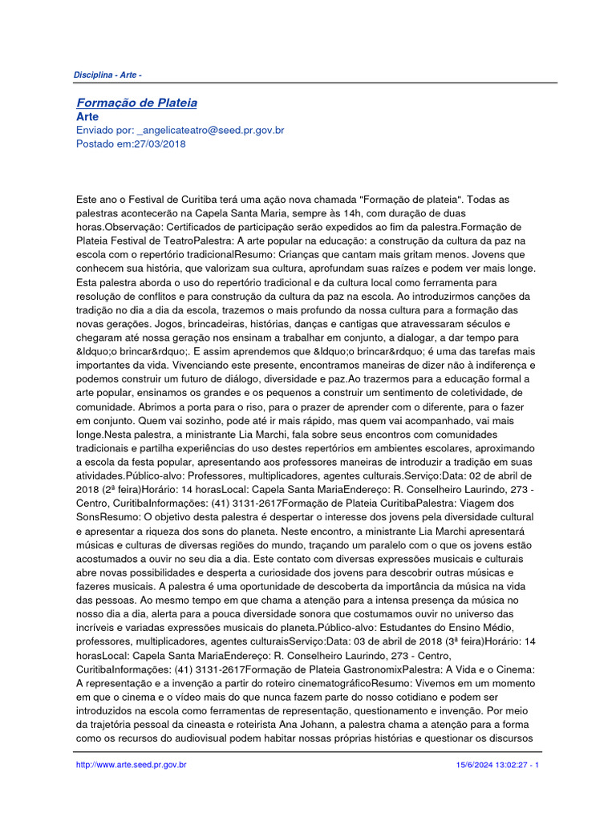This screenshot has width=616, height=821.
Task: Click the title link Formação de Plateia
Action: click(136, 103)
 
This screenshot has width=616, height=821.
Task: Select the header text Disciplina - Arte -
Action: click(107, 75)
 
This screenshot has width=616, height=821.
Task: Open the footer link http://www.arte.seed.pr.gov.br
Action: click(132, 766)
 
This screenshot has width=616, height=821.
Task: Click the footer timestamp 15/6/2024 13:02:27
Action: click(490, 766)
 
